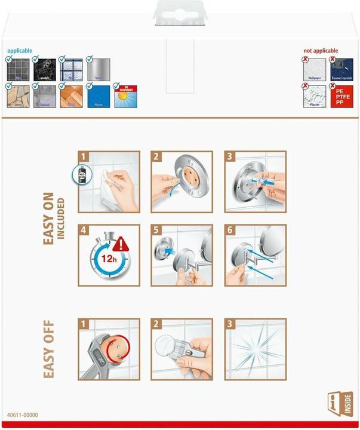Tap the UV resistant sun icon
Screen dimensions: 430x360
[125, 96]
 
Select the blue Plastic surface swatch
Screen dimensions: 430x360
[98, 96]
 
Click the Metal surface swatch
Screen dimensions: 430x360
[98, 69]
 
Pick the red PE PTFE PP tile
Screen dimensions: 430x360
[342, 96]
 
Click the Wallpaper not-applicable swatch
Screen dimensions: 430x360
[315, 69]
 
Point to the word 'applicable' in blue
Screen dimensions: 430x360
[20, 51]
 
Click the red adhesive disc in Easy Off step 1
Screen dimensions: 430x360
[112, 348]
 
